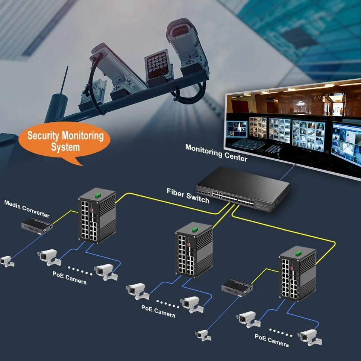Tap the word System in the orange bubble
tap(65, 147)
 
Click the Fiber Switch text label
tap(188, 196)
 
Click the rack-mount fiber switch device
tap(243, 190)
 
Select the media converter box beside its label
tap(36, 225)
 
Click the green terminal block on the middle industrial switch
tap(194, 229)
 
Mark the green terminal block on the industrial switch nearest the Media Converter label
tap(98, 195)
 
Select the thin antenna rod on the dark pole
tap(64, 80)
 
